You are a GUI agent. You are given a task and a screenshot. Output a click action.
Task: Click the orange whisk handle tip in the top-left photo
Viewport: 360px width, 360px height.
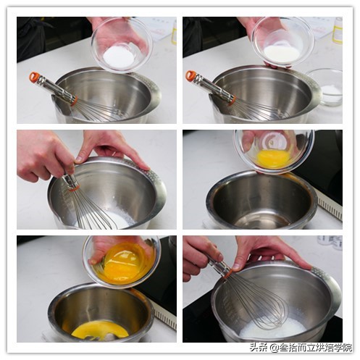pos(34,76)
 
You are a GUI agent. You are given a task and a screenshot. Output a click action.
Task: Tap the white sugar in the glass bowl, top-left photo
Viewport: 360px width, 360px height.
pos(119,55)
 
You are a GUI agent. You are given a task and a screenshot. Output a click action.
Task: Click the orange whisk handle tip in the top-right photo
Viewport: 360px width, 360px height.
pos(191,75)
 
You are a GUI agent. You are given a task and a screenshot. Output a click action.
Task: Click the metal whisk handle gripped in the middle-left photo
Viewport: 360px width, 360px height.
pos(71,181)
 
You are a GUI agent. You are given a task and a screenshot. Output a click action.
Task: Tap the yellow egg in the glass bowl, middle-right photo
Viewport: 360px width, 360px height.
pos(273,157)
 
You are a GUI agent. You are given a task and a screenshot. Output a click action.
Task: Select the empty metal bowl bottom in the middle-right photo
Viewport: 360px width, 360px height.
pos(261,217)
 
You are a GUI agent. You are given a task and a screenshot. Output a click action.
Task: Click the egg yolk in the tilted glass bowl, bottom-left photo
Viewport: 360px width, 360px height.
pos(123,264)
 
